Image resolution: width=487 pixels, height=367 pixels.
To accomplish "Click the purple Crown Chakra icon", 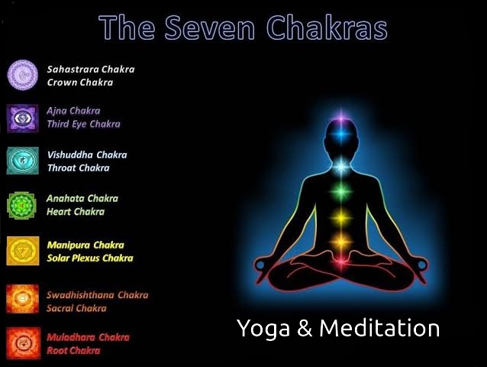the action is click(x=23, y=75).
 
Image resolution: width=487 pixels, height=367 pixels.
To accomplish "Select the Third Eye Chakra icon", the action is click(x=23, y=119).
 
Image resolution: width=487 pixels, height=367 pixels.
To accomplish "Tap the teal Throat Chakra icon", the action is click(x=23, y=161).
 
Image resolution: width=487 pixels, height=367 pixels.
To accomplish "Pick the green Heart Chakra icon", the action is click(x=21, y=206).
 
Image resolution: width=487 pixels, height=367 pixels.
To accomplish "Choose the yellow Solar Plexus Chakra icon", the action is click(x=23, y=251).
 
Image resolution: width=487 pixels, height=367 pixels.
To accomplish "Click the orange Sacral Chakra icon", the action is click(x=23, y=299).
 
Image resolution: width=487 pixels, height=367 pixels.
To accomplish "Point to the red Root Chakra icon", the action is click(x=24, y=343).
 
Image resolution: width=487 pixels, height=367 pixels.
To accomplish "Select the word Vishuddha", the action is click(x=70, y=154).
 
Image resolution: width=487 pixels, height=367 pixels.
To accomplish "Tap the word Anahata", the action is click(x=65, y=198).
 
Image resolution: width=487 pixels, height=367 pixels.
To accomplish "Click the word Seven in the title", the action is click(x=210, y=28).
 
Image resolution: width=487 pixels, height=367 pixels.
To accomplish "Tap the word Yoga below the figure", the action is click(x=263, y=329).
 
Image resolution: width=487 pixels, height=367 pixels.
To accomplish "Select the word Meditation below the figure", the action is click(x=379, y=328).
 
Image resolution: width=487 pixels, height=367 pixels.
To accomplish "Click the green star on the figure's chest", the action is click(x=340, y=191).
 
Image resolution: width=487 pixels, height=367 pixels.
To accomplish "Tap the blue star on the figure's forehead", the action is click(x=340, y=135).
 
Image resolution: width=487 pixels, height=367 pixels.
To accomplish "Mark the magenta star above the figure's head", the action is click(x=341, y=119).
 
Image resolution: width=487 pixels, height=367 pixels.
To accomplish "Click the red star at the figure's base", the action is click(x=341, y=262).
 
